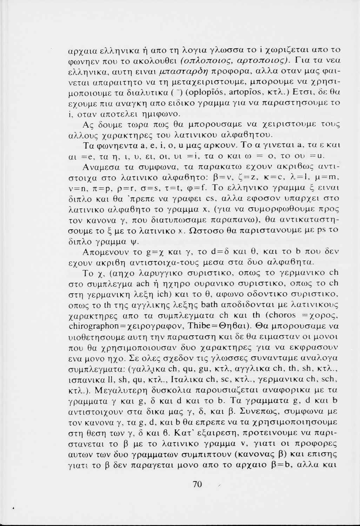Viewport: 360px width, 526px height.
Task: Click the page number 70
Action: click(x=198, y=484)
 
